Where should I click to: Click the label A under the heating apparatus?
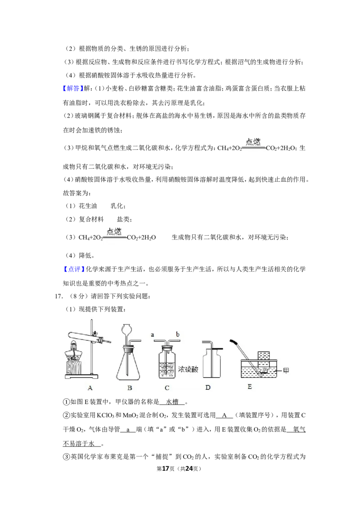(90, 388)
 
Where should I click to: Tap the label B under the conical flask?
(130, 388)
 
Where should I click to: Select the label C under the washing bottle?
(167, 388)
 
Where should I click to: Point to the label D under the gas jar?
(208, 387)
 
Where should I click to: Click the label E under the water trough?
(250, 387)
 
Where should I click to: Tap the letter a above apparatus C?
(153, 335)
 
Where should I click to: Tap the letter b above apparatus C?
(178, 334)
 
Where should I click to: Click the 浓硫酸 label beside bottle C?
(188, 369)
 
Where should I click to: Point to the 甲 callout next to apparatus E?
(286, 371)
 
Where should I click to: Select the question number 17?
(58, 296)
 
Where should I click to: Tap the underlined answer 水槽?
(172, 402)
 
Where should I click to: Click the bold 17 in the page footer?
(166, 469)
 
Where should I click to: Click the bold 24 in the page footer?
(189, 469)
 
